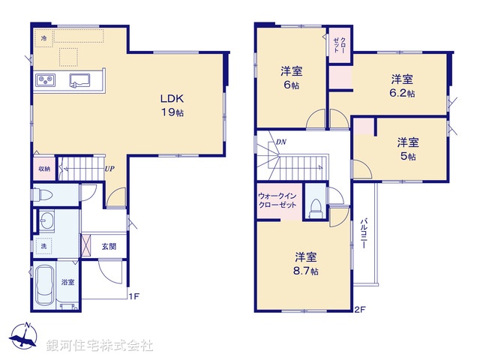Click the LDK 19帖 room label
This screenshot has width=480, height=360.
[171, 105]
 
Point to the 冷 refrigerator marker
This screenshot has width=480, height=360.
[43, 37]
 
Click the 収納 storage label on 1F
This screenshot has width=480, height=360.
[44, 169]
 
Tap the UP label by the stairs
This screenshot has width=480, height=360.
[109, 169]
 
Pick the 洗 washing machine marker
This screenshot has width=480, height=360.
[44, 246]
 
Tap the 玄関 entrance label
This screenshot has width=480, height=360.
[109, 245]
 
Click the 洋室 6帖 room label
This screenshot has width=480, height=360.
[292, 79]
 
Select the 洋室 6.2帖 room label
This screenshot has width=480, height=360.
[402, 85]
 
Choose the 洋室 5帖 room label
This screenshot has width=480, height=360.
[408, 148]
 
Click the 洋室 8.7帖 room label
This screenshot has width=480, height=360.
[305, 262]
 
